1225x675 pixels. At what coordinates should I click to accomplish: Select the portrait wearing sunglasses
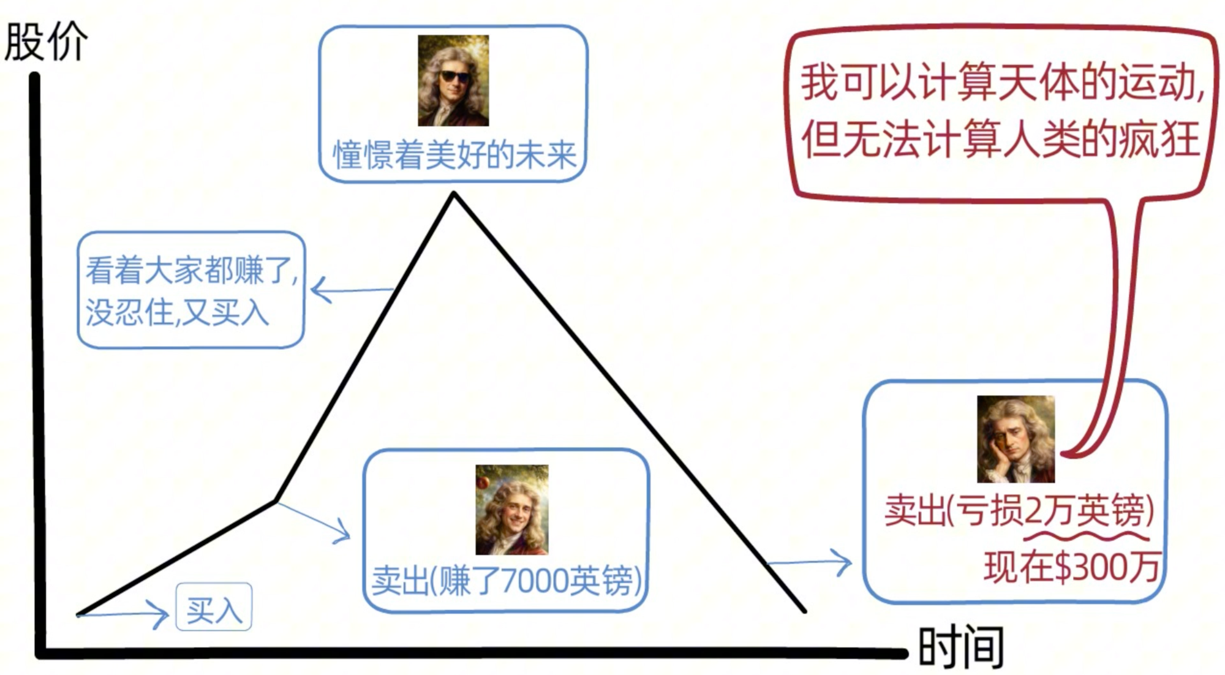[453, 80]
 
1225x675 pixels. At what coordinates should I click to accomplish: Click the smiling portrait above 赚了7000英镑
[512, 510]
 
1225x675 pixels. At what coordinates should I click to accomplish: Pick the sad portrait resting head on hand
[1016, 439]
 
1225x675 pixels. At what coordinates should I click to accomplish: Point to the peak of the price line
[453, 194]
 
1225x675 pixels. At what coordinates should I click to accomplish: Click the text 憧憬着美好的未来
[454, 155]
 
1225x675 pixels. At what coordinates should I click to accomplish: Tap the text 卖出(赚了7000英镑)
[506, 580]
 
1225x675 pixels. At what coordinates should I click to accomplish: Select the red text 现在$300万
[1071, 567]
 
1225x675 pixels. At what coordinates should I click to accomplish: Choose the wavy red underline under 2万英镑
[1087, 537]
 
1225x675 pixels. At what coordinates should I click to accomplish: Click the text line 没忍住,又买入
[177, 313]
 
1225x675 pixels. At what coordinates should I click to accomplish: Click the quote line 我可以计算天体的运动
[1002, 83]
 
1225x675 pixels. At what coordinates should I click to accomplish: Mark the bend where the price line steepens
[276, 501]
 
